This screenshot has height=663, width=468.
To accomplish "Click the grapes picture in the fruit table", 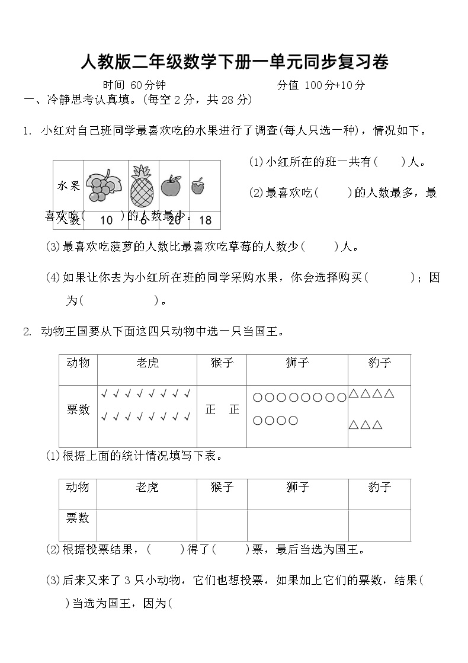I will pos(105,185).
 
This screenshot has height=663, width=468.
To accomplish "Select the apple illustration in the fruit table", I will pos(172,185).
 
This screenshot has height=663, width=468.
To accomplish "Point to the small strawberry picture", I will pos(198,186).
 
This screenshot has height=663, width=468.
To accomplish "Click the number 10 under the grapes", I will pos(107,220).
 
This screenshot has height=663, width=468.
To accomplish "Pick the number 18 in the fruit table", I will pos(205,220).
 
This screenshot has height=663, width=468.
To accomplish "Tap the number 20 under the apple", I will pos(174,220).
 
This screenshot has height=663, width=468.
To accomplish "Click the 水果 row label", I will pos(69,186).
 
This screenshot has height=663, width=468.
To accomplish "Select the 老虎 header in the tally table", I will pos(148,363).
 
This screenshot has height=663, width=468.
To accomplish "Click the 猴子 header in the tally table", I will pos(222,363).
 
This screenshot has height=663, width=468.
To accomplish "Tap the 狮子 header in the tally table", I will pos(297,363).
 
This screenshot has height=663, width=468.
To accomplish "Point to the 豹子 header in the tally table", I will pos(379,363).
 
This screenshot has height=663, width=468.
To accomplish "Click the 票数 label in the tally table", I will pos(78,409).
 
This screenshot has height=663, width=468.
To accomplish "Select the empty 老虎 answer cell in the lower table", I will pos(148,524).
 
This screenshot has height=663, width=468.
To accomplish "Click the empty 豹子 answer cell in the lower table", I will pos(379,524).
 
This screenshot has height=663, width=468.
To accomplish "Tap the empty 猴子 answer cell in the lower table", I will pos(222,524).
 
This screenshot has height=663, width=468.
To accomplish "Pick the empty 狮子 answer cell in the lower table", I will pos(297,524).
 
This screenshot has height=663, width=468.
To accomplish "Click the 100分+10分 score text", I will pos(335,85).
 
